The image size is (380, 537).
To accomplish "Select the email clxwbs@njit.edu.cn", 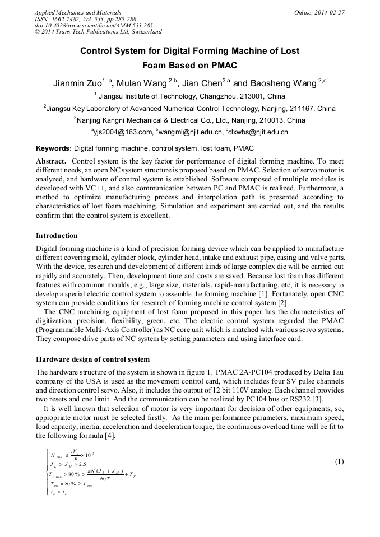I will pyautogui.click(x=258, y=132).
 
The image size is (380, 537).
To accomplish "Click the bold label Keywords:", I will pyautogui.click(x=54, y=149).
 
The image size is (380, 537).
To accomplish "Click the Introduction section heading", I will pyautogui.click(x=57, y=235).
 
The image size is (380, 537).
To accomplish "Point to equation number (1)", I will pyautogui.click(x=339, y=462).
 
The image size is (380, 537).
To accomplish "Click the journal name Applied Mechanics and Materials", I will pyautogui.click(x=77, y=12).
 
